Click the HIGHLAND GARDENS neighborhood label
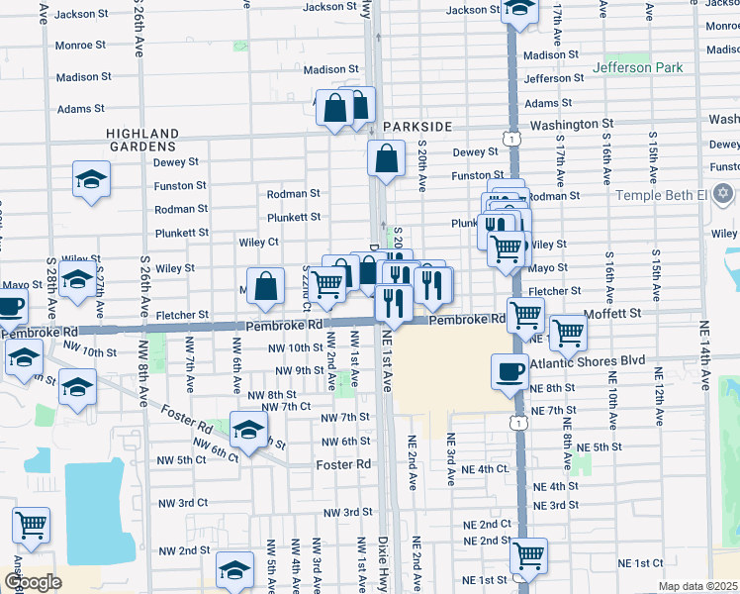(142, 141)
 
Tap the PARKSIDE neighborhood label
(417, 127)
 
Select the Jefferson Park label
(637, 68)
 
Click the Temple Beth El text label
(658, 194)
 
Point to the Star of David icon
(723, 192)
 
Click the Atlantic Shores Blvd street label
(588, 362)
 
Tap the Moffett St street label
(613, 312)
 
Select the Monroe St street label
(81, 46)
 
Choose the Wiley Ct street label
(258, 242)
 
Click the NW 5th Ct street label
(178, 459)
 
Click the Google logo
(33, 582)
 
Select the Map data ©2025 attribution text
(698, 586)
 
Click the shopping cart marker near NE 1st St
(528, 554)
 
